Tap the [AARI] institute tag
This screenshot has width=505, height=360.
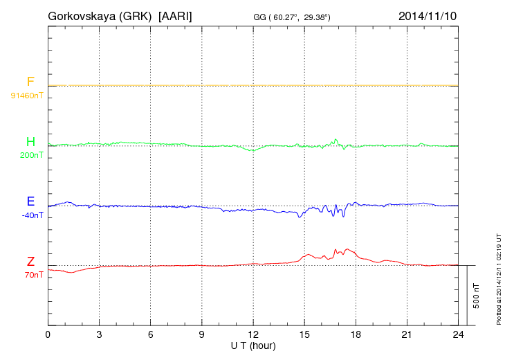click(176, 15)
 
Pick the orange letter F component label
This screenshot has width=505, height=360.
click(30, 82)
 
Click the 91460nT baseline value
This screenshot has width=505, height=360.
click(26, 95)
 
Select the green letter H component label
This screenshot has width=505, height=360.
click(30, 143)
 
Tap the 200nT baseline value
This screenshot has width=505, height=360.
click(31, 155)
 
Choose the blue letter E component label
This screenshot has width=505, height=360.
click(30, 201)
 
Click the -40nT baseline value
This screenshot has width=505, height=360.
click(32, 215)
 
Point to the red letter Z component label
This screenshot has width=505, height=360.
click(30, 262)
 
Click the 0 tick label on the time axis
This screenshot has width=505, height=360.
click(48, 334)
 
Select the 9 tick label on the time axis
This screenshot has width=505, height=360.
click(202, 334)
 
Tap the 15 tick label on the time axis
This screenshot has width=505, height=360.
click(304, 334)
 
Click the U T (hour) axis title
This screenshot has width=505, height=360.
click(253, 345)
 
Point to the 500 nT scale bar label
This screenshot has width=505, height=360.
click(477, 295)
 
